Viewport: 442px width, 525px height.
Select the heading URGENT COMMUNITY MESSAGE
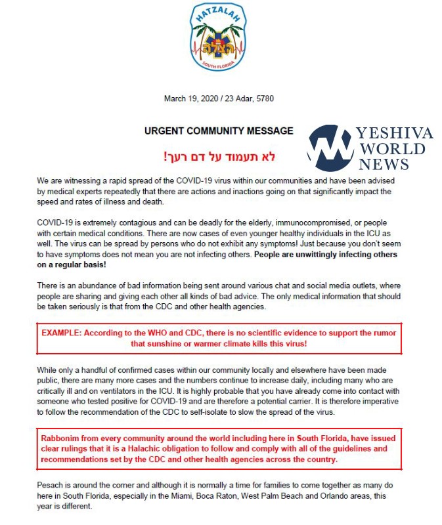(x=219, y=131)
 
